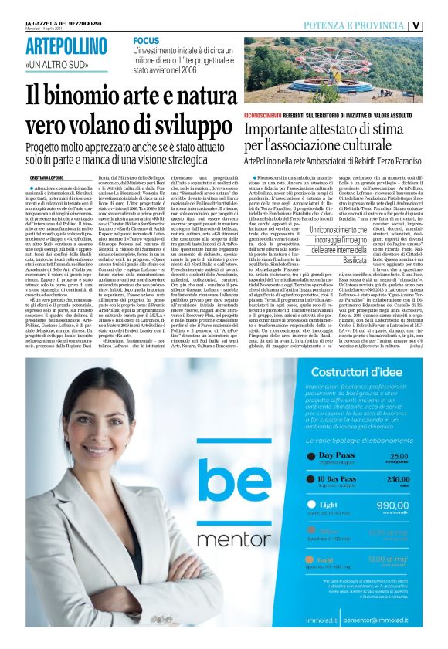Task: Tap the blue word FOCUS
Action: [146, 40]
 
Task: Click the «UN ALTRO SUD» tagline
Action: [53, 64]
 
